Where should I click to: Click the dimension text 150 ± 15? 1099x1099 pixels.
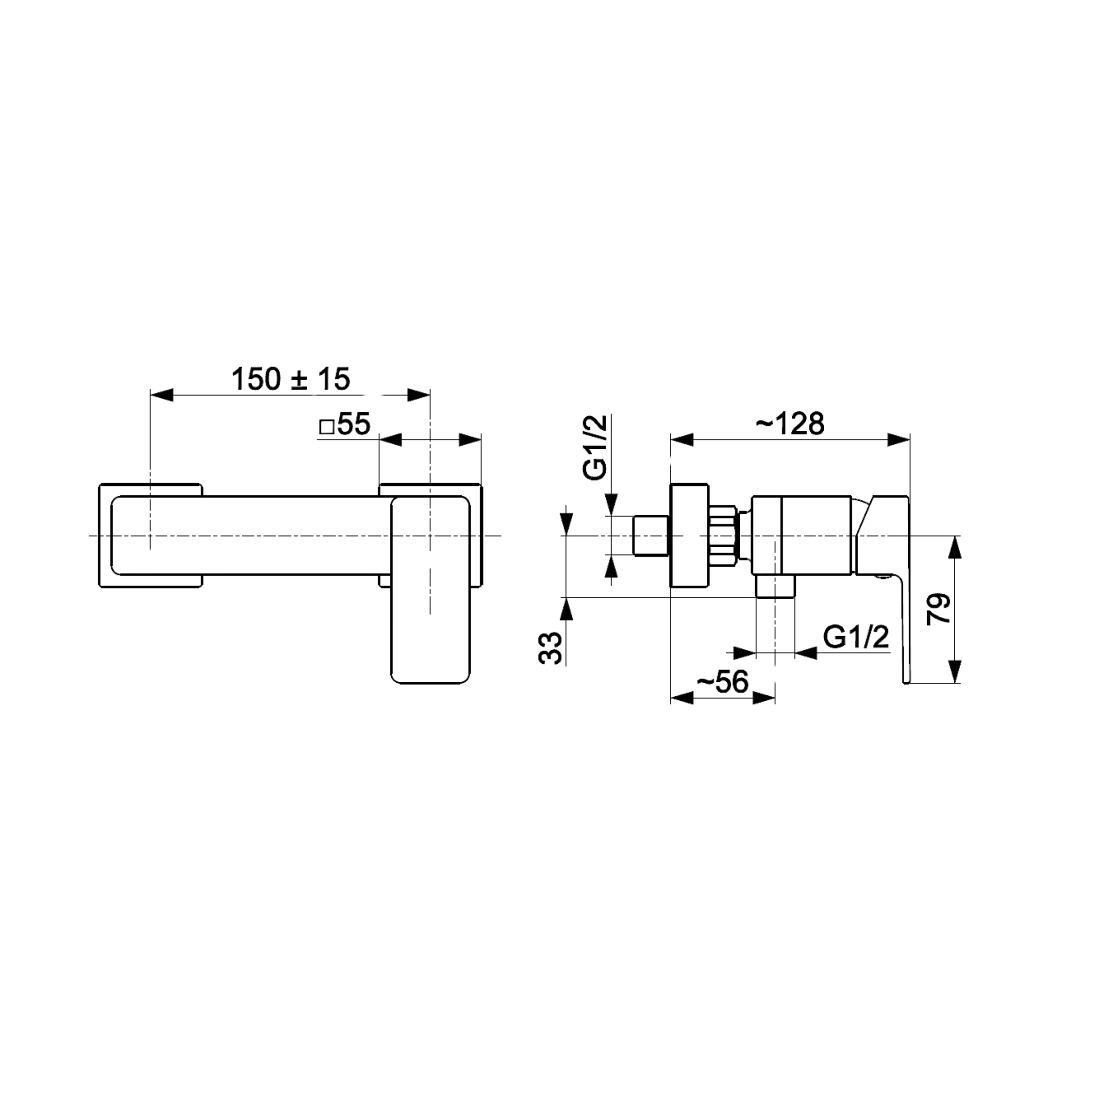291,379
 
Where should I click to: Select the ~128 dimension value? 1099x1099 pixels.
790,423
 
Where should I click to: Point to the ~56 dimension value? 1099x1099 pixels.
722,681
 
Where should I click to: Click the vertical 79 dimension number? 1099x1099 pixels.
939,609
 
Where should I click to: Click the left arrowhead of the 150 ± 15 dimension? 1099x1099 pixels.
161,395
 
